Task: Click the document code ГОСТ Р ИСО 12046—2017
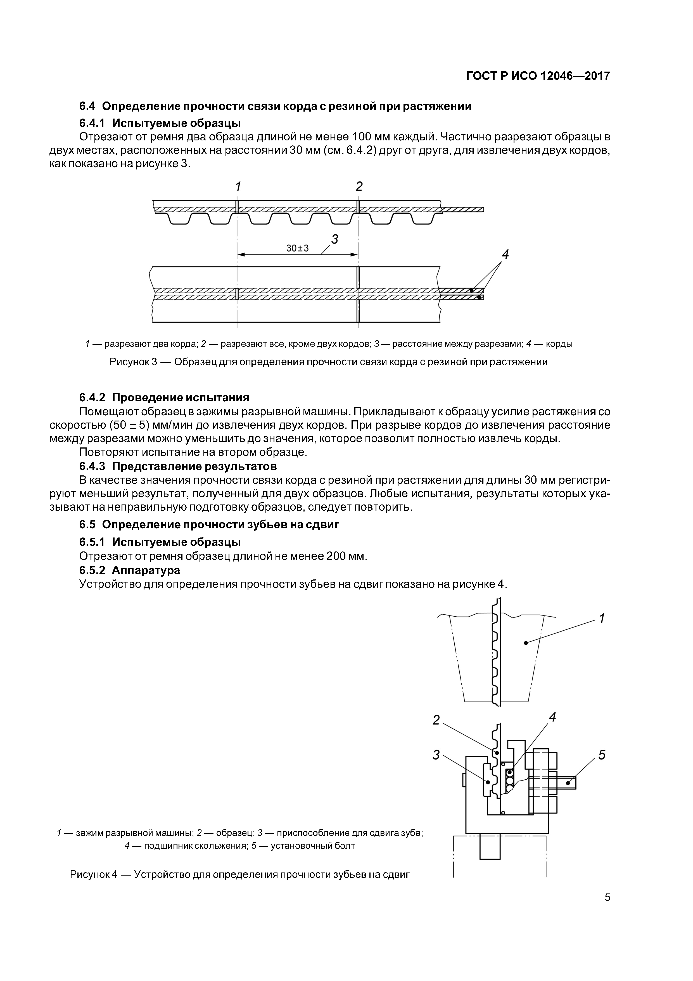click(538, 76)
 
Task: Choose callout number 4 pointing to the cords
click(505, 255)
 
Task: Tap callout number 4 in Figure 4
click(552, 717)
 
